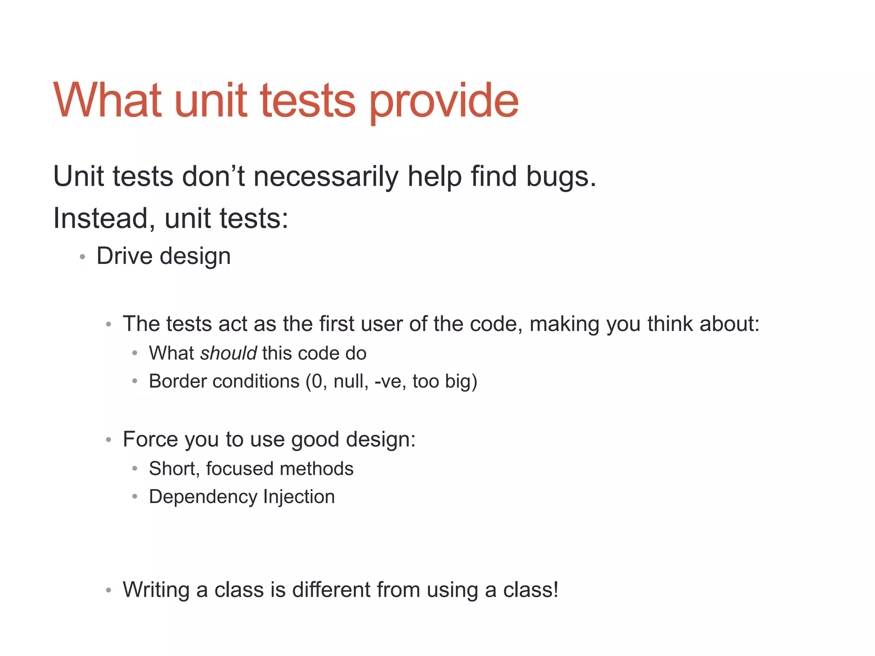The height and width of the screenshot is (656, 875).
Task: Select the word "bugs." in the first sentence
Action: pos(561,176)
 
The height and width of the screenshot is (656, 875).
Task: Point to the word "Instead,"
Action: pos(104,218)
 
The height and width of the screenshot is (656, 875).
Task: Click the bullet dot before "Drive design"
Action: pos(82,257)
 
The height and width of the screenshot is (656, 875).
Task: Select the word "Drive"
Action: pos(124,256)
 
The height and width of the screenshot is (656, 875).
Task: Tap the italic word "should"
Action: pos(228,353)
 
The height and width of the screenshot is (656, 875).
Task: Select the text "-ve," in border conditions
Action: pos(390,381)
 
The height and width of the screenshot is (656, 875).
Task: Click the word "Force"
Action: pos(147,439)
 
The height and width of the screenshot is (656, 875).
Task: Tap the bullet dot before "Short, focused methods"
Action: pos(135,469)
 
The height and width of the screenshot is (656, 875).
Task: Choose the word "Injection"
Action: pos(299,497)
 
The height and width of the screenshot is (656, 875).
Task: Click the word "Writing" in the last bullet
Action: pos(156,590)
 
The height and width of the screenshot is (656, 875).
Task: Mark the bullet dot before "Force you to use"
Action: pos(109,439)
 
